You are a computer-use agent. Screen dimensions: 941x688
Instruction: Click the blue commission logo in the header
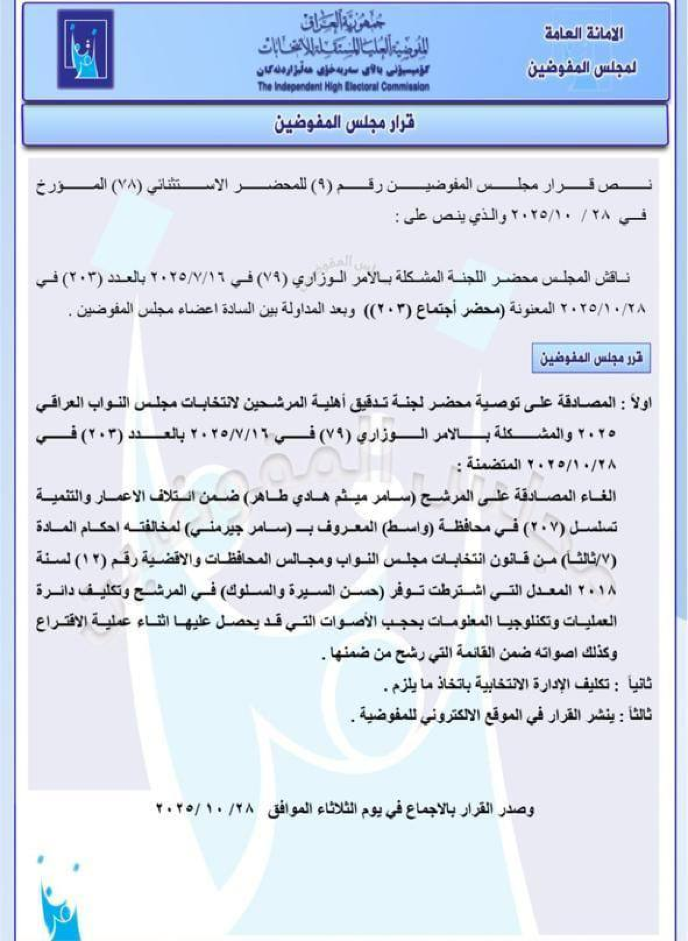coord(85,50)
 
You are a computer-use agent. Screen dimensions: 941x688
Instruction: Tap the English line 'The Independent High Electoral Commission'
coord(344,87)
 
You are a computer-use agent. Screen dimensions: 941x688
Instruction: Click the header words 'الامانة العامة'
coord(583,34)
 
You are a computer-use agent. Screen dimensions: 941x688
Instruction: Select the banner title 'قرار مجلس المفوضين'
coord(344,123)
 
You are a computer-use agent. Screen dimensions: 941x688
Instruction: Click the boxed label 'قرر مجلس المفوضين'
coord(591,358)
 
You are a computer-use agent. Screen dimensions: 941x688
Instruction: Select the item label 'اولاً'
coord(639,403)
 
